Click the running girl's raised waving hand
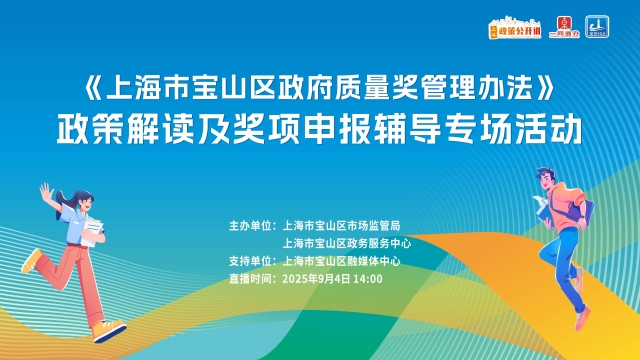click(x=44, y=189)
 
